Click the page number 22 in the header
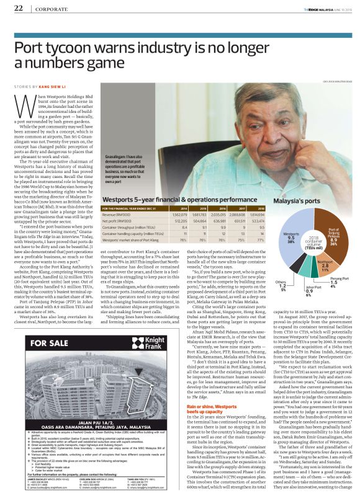[x=17, y=8]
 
